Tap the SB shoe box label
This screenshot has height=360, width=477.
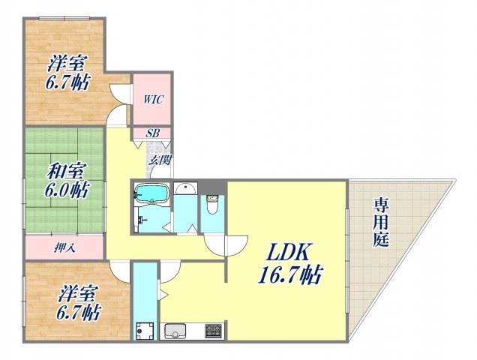tap(151, 133)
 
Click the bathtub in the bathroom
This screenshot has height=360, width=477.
tap(152, 194)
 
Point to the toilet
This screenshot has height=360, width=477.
tap(212, 202)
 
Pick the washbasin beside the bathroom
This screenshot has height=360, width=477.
tap(186, 190)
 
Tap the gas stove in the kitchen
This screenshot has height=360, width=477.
tap(213, 331)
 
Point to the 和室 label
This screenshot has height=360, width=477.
tap(64, 171)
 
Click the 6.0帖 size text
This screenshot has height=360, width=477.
tap(65, 190)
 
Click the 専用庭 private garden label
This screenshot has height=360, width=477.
tap(381, 221)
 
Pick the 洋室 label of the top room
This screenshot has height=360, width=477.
tap(67, 62)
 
